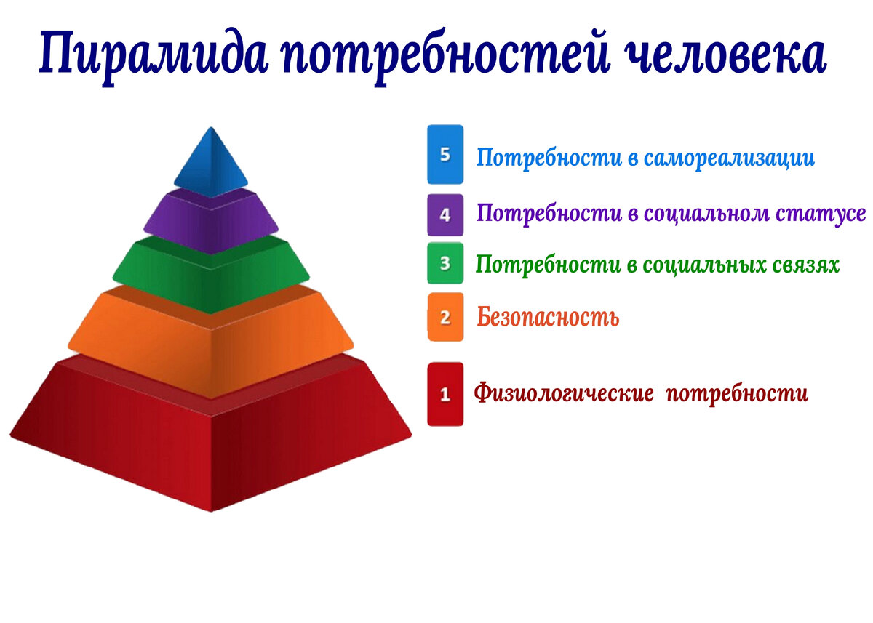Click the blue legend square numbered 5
(x=445, y=154)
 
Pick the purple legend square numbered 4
(x=445, y=215)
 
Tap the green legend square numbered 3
(x=445, y=262)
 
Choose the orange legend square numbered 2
(x=445, y=317)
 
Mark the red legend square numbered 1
(x=445, y=394)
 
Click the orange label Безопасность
(x=548, y=317)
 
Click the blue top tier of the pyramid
(x=210, y=164)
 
